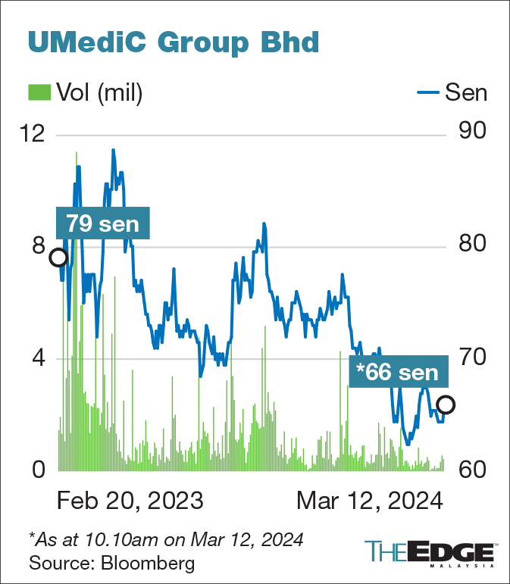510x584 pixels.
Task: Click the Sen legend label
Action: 465,92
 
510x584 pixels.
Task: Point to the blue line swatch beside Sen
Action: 428,93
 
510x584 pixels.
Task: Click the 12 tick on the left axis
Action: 33,133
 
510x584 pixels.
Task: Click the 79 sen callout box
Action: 102,223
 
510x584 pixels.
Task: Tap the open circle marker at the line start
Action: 58,258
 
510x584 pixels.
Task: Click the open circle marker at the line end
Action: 446,405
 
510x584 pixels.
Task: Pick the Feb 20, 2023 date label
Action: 130,501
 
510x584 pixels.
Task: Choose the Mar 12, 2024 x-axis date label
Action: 369,501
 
